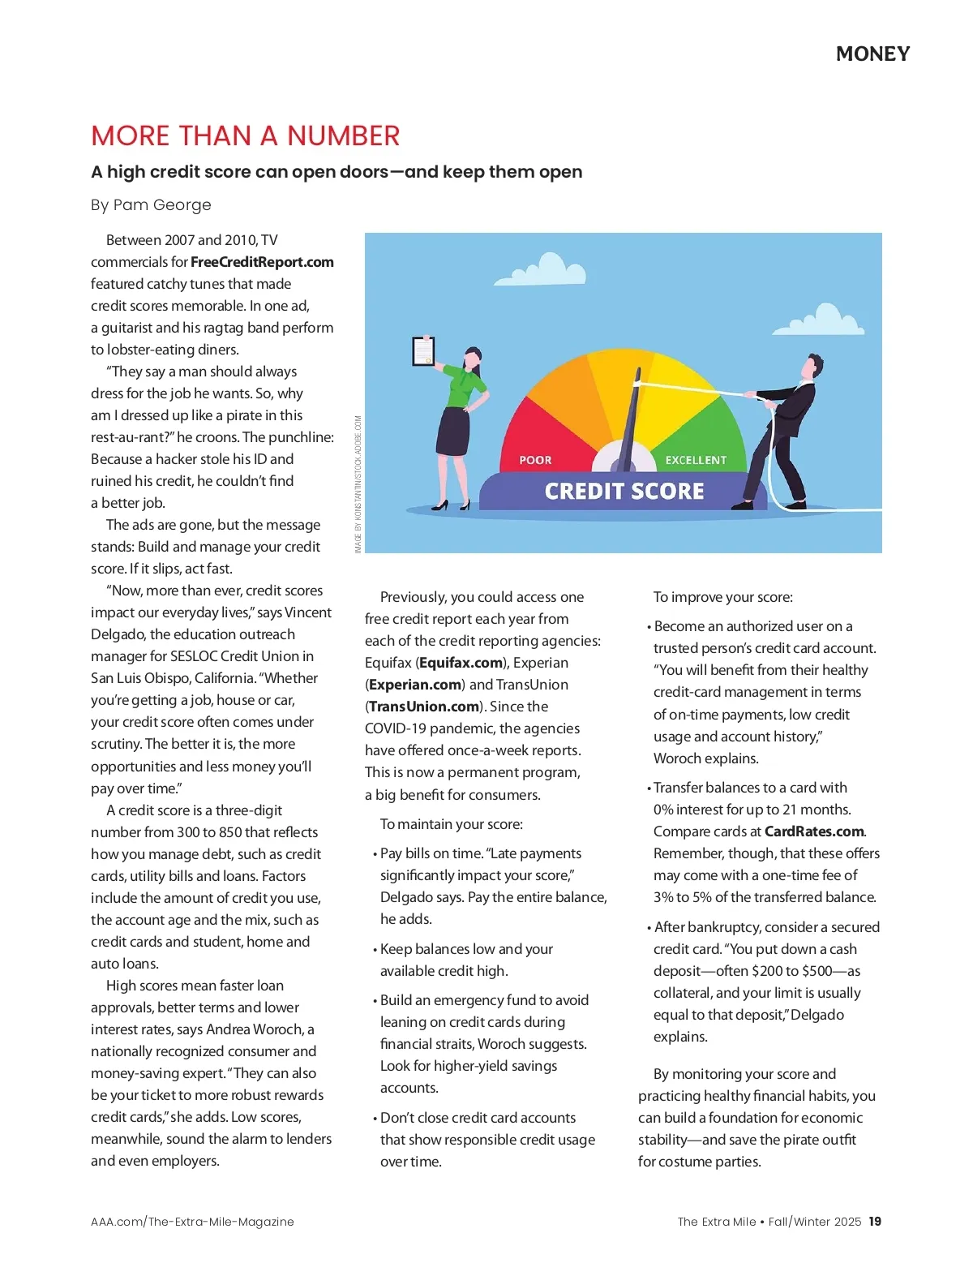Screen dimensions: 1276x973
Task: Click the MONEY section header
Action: [x=872, y=54]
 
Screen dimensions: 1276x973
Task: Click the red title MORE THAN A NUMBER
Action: [x=245, y=135]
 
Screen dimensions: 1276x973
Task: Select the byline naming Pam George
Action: [x=151, y=204]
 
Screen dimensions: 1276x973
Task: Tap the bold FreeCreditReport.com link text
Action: [x=262, y=262]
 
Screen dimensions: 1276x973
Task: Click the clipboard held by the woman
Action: [x=423, y=350]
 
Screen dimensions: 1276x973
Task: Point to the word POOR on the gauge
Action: [x=535, y=460]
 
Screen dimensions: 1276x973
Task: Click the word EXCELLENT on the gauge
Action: [x=696, y=460]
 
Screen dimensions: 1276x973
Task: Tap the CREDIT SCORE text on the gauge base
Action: [x=624, y=491]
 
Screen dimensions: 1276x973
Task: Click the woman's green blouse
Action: [x=464, y=387]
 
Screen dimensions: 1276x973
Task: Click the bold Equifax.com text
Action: [x=461, y=663]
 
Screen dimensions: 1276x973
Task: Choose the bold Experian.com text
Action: [x=414, y=685]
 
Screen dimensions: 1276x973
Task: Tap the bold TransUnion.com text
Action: [x=424, y=707]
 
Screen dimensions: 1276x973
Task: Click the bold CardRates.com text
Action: [x=814, y=831]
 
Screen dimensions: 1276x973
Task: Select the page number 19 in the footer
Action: [x=875, y=1222]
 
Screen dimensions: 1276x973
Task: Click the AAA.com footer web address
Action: [x=192, y=1222]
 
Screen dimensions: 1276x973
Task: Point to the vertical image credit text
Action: [x=358, y=484]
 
